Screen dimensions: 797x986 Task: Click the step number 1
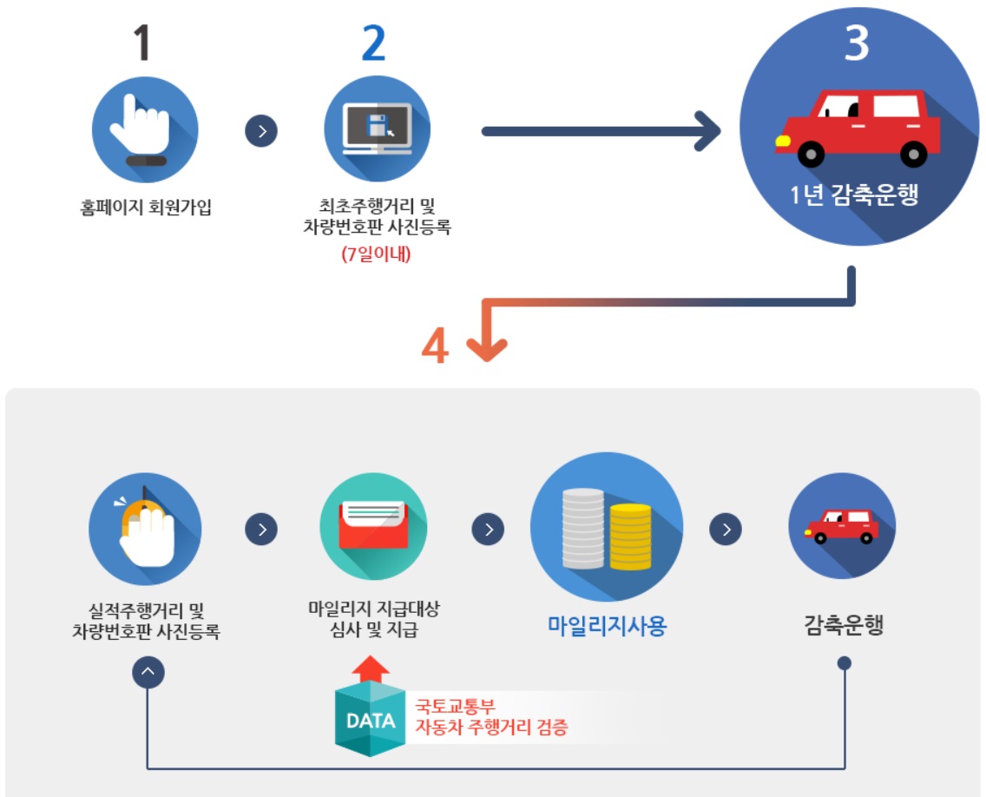point(145,43)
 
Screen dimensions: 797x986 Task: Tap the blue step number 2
point(373,43)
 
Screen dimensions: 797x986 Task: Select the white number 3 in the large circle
point(856,43)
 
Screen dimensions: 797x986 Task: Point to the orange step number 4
point(436,345)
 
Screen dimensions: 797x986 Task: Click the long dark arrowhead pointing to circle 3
point(707,132)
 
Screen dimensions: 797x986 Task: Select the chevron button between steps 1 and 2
point(261,131)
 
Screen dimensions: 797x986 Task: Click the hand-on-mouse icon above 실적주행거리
point(145,528)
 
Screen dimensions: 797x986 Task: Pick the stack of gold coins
point(630,537)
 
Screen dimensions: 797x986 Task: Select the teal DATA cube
point(371,719)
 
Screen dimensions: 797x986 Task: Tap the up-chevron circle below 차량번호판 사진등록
point(148,671)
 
